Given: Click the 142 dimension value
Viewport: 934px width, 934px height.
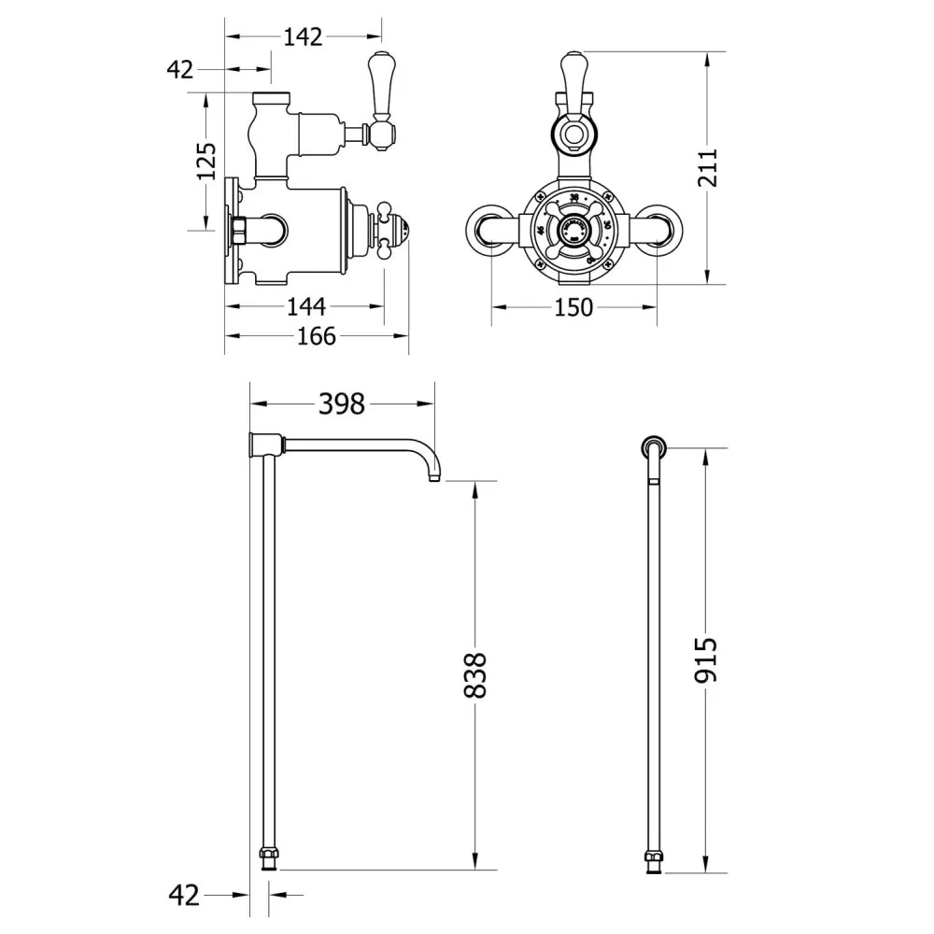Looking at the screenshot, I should (x=303, y=36).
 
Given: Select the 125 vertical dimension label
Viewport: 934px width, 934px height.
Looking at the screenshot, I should (x=207, y=162).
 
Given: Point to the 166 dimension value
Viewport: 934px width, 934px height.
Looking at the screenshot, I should (x=316, y=335).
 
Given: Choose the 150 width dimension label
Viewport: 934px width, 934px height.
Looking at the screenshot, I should (x=573, y=306).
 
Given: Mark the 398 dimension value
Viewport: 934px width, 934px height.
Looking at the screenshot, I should (x=342, y=403).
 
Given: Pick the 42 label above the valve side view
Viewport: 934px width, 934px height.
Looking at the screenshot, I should (x=179, y=69).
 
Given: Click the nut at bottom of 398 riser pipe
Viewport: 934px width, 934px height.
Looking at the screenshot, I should (x=269, y=857).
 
